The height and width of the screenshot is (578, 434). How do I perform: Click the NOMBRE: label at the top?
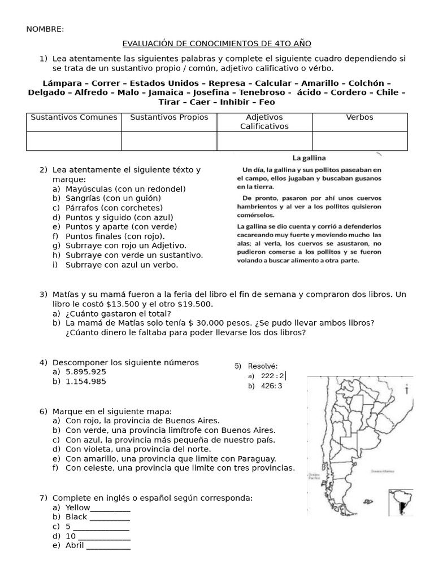click(45, 29)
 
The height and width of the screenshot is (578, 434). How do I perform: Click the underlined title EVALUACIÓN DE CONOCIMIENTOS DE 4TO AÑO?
click(217, 43)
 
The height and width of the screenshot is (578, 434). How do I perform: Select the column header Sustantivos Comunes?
click(74, 117)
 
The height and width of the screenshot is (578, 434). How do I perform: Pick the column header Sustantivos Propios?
click(169, 117)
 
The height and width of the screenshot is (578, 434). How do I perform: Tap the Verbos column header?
click(359, 117)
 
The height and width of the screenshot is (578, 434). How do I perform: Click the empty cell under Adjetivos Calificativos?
click(264, 141)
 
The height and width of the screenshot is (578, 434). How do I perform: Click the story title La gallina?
click(309, 158)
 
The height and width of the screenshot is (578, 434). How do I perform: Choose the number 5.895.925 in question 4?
click(86, 372)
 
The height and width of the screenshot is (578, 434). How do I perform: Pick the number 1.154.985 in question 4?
click(86, 382)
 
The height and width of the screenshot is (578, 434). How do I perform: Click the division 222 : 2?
click(274, 376)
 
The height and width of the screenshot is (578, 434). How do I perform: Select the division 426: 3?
click(272, 386)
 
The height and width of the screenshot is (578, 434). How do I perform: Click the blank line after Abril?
click(108, 546)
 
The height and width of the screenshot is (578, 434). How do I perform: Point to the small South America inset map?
click(400, 503)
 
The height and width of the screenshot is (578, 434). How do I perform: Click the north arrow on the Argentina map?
click(407, 388)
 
